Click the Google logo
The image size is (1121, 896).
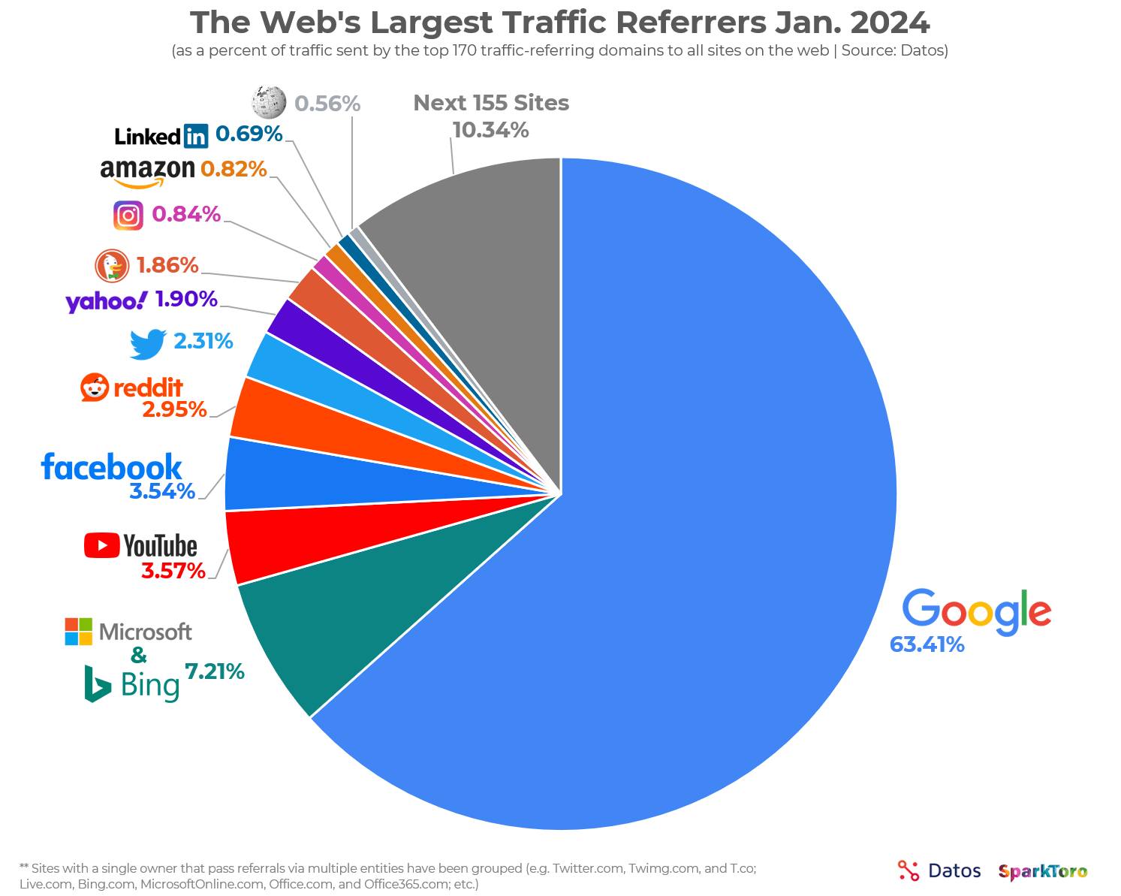976,610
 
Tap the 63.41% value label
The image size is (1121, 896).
927,644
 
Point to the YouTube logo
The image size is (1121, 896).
140,545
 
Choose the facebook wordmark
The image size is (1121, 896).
111,467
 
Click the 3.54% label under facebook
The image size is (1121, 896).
162,492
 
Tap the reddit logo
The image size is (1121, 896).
131,388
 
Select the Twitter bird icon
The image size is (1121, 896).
147,343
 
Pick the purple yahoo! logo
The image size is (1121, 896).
106,301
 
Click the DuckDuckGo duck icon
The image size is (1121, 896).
112,266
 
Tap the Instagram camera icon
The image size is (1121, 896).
128,216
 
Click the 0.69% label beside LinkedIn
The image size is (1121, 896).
249,134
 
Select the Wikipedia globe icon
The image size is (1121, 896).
269,102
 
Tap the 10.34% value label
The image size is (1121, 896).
490,131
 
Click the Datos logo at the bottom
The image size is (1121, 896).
939,871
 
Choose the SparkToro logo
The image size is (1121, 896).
1043,871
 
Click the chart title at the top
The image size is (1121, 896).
560,23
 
